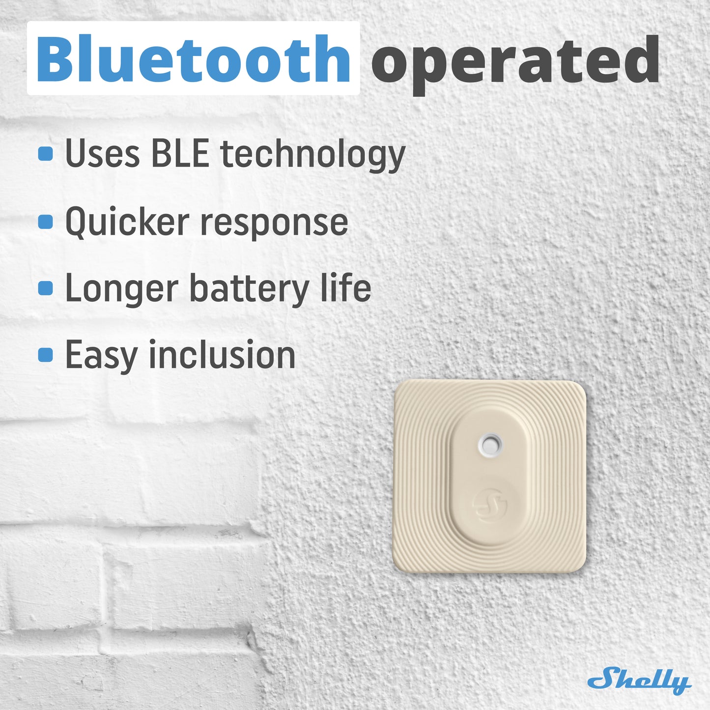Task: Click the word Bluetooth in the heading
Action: pos(193,58)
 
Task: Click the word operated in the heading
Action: pos(515,64)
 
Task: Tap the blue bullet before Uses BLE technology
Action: pos(45,154)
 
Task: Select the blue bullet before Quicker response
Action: pos(45,222)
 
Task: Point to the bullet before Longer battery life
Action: pos(45,288)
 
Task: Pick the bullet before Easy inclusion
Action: pos(45,355)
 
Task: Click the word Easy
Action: pos(101,357)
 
